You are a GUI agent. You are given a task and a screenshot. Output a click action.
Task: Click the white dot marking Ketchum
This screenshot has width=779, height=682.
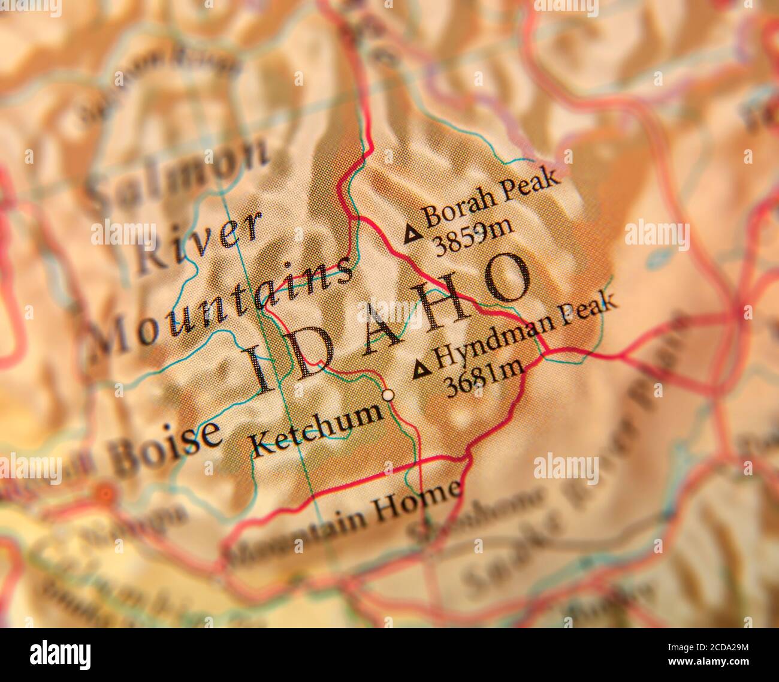point(388,395)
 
